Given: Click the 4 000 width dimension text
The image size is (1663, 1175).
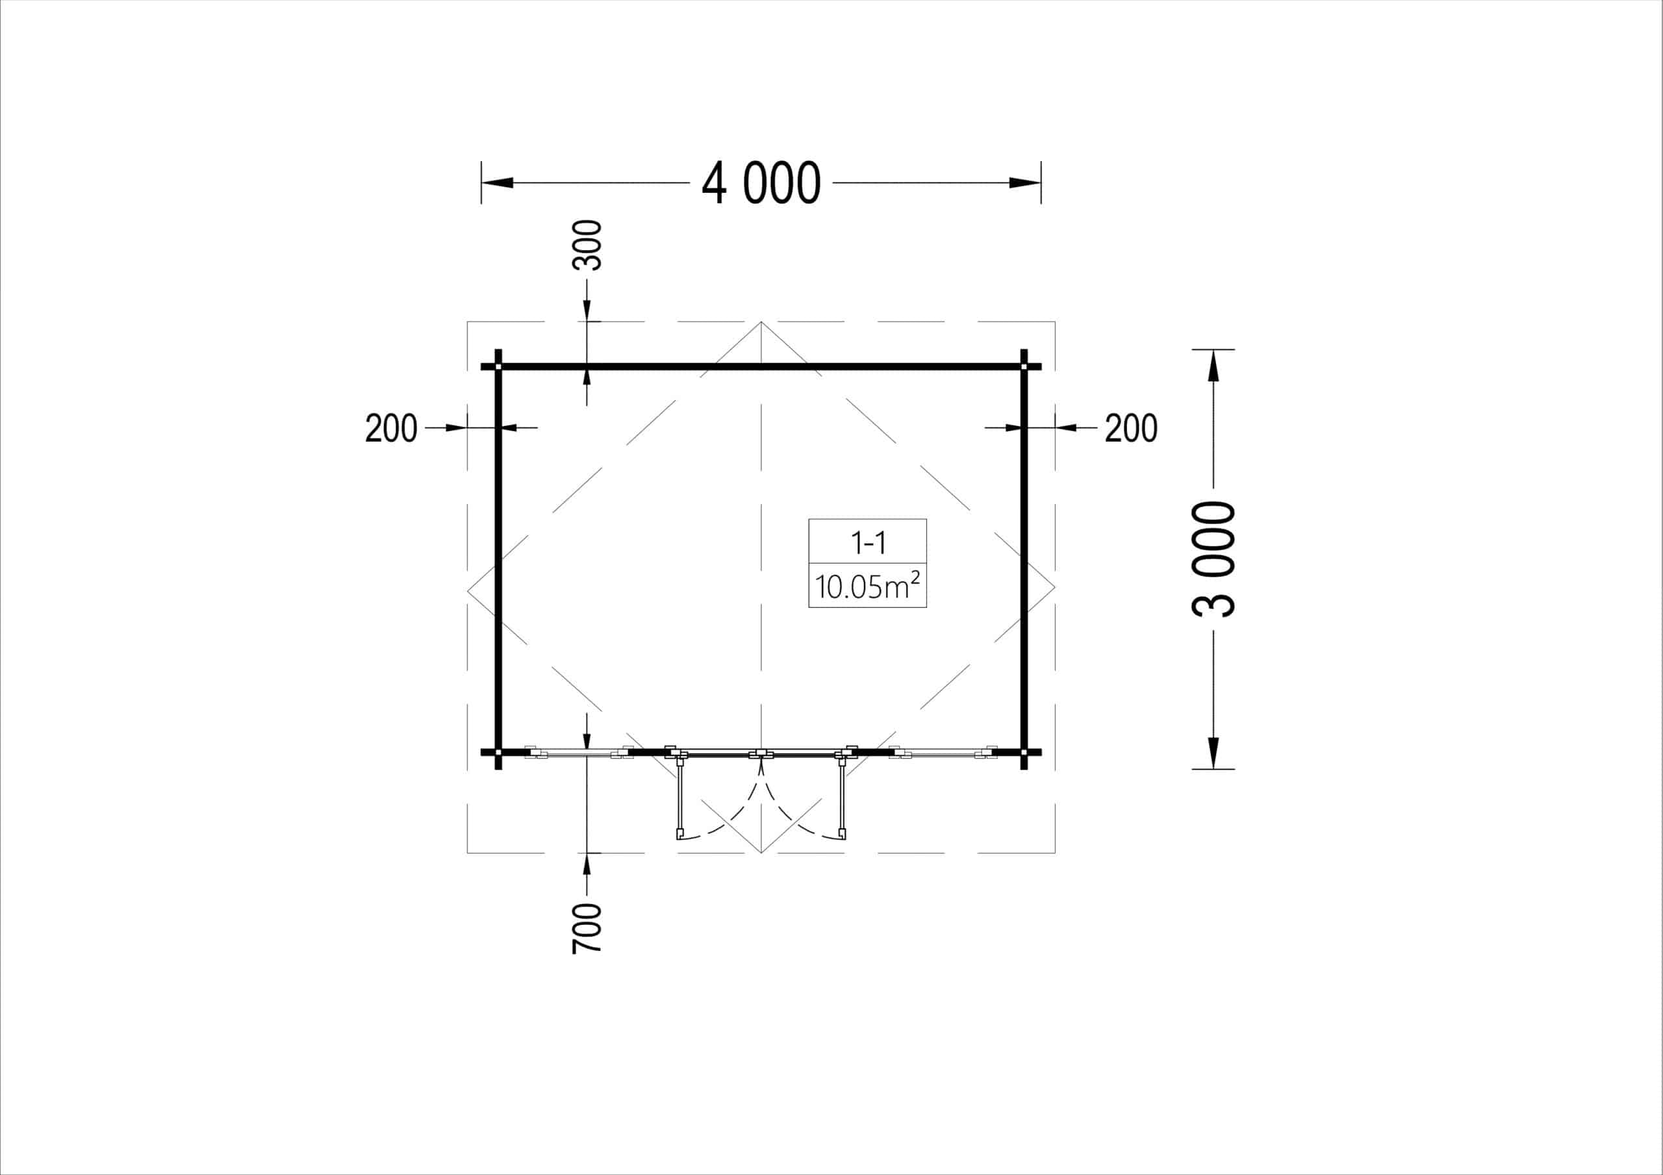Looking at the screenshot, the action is click(x=761, y=183).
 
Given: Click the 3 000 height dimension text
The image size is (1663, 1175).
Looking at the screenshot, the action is click(x=1213, y=559).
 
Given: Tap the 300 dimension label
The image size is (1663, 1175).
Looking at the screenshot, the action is click(x=587, y=246).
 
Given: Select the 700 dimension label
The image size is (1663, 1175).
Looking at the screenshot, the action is click(x=587, y=928).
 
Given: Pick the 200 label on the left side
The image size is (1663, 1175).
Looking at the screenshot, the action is click(x=391, y=428).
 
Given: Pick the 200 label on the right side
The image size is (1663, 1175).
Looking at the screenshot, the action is click(x=1130, y=428).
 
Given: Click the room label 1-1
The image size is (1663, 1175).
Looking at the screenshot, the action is click(x=868, y=542).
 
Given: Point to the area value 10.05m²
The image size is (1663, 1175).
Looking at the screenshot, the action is click(x=868, y=585).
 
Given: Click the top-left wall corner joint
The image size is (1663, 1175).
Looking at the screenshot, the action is click(x=498, y=366).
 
